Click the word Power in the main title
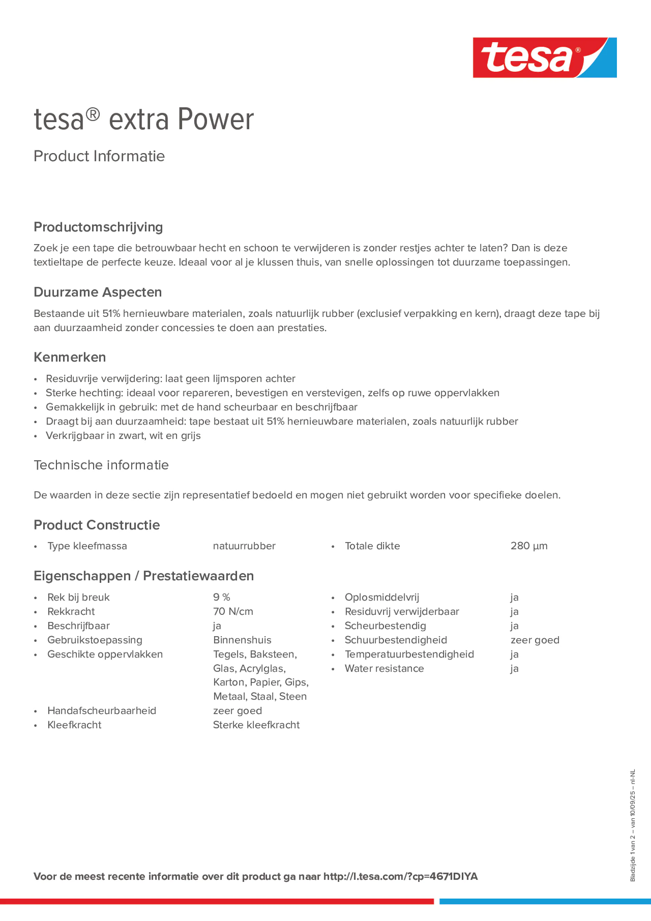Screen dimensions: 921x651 [x=216, y=120]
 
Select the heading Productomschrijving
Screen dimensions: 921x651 [x=98, y=227]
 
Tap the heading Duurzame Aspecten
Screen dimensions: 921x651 [x=98, y=292]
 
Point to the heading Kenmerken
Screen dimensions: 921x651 [x=70, y=357]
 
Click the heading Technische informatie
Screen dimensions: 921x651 [x=101, y=465]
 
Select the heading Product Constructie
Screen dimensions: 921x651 [x=97, y=525]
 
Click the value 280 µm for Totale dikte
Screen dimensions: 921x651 [x=529, y=546]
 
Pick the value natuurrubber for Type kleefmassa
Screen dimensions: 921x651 [x=244, y=546]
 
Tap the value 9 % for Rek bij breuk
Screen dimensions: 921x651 [x=221, y=597]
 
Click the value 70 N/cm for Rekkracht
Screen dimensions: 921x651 [x=233, y=611]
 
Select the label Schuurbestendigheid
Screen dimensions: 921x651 [x=395, y=640]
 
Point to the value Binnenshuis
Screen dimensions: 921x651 [x=242, y=640]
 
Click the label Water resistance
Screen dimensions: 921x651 [x=384, y=668]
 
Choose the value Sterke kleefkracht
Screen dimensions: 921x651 [x=256, y=725]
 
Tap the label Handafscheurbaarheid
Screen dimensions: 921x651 [x=101, y=710]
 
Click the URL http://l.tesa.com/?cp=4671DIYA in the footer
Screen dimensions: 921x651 [x=400, y=877]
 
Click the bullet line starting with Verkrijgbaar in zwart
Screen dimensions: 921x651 [x=123, y=436]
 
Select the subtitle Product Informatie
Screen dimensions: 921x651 [x=99, y=156]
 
